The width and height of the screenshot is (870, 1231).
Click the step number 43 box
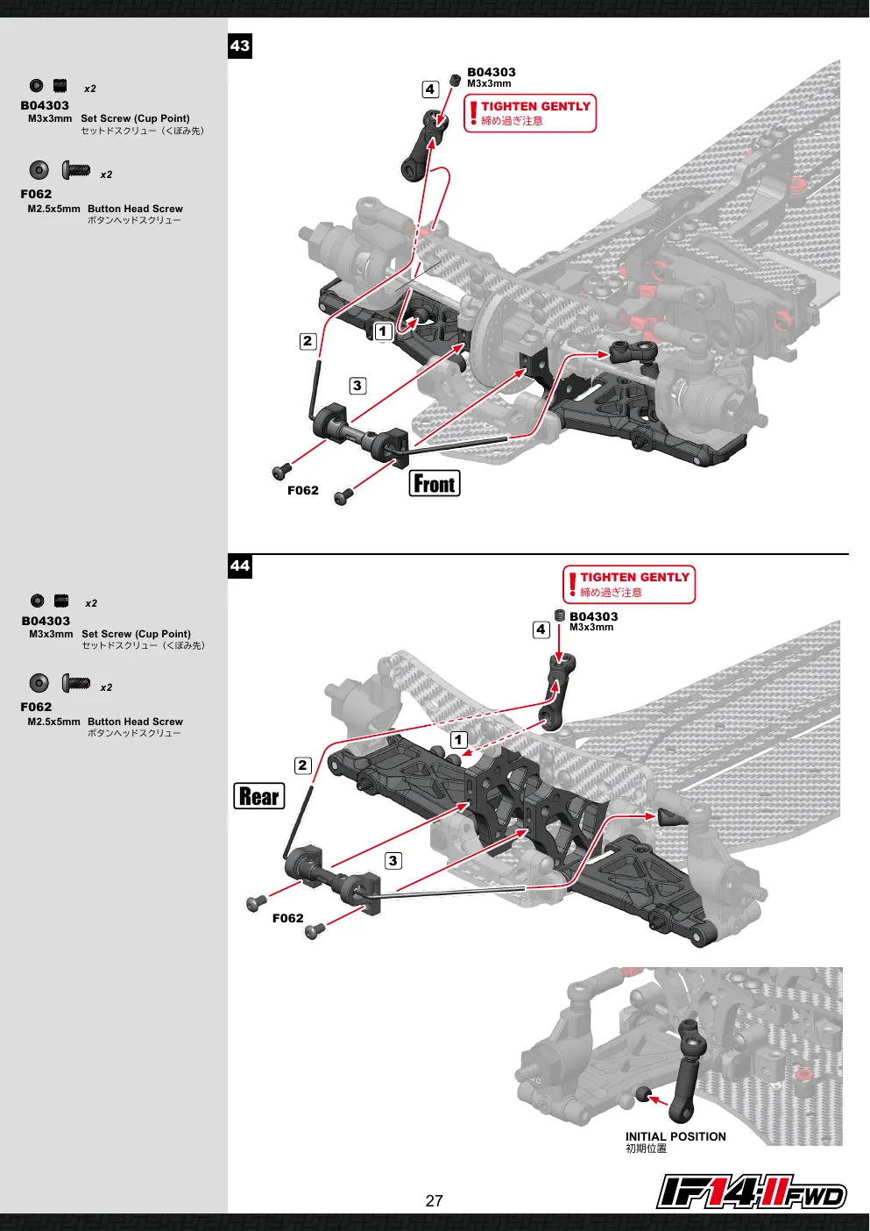click(x=240, y=46)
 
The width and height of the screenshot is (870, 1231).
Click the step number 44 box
click(x=240, y=566)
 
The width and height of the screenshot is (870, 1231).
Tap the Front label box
click(x=435, y=484)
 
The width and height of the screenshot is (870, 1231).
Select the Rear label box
click(x=259, y=796)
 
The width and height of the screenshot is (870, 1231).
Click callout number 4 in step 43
click(x=430, y=89)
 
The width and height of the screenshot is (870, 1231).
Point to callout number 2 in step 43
click(x=308, y=341)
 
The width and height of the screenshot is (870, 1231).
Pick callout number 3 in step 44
click(x=393, y=861)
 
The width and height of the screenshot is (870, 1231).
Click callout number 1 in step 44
click(x=458, y=740)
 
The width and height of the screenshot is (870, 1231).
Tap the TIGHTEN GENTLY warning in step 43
click(x=530, y=113)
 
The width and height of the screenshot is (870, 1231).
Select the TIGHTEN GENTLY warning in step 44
click(x=629, y=585)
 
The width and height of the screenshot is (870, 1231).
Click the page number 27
click(x=434, y=1201)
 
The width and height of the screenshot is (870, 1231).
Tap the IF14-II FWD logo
click(x=751, y=1192)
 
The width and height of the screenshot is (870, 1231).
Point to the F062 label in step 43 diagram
click(x=303, y=490)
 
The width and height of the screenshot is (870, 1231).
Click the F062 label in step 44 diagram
click(x=287, y=918)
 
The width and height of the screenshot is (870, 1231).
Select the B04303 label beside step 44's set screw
click(x=594, y=616)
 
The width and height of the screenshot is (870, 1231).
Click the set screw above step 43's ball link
click(x=455, y=81)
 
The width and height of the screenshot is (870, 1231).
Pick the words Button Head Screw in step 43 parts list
click(x=135, y=209)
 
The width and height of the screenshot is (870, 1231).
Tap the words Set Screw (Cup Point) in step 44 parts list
click(x=136, y=634)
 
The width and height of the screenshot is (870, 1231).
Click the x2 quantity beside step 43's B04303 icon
click(x=90, y=89)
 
